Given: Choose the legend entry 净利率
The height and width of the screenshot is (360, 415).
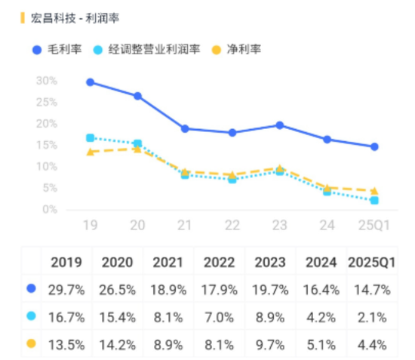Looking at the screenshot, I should click(238, 50).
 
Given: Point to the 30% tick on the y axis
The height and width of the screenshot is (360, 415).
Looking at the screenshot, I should click(47, 81).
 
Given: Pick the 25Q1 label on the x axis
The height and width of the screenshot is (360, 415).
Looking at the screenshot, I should click(373, 225).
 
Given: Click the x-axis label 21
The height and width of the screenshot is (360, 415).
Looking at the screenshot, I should click(185, 225).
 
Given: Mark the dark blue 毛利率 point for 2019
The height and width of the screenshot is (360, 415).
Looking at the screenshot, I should click(91, 82).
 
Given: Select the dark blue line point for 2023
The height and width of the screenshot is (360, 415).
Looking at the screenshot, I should click(279, 125).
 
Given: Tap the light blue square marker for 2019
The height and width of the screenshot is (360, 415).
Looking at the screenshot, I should click(91, 138).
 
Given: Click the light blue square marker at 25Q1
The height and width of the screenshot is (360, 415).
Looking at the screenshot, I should click(373, 200).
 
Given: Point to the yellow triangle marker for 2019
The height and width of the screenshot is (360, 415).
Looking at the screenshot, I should click(91, 152).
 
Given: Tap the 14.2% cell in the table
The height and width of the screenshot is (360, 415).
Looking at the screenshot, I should click(118, 345).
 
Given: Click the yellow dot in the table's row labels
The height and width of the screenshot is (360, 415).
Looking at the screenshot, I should click(31, 345).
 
